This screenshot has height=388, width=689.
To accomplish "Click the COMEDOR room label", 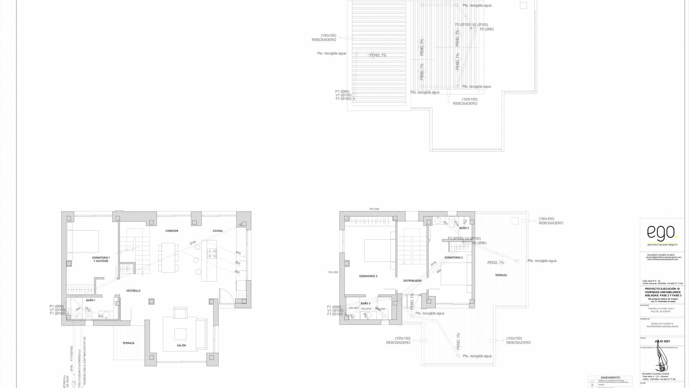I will coord(172,231).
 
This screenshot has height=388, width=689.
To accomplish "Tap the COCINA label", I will coord(217,231).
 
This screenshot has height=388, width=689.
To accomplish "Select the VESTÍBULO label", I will coord(133,291).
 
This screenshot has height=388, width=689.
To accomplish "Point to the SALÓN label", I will coord(181,345).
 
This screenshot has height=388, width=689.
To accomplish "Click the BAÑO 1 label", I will coord(91,300).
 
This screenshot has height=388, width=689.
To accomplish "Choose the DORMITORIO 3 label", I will coord(368,276).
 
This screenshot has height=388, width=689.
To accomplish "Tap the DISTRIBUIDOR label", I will coord(412,281).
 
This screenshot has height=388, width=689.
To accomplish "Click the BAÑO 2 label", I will coord(464,228).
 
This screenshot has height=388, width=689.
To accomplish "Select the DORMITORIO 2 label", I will coord(454,258).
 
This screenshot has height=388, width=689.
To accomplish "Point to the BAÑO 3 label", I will coord(365,304).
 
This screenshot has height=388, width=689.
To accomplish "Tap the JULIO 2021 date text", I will coord(662,341).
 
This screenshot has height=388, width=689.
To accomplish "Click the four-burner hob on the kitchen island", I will coord(212,254).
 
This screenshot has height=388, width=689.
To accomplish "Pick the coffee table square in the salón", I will coord(180,334).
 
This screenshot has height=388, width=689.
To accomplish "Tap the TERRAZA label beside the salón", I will coord(128,343).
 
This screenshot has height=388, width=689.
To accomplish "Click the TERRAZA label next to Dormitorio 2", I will coord(501,275).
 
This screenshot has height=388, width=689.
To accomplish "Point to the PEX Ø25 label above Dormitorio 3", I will coord(374,209).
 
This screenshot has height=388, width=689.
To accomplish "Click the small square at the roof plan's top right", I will coord(523,5).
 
